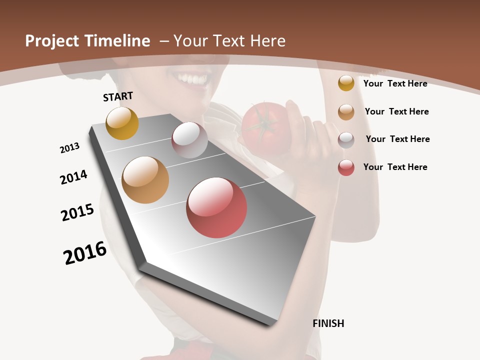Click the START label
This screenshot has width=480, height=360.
coord(118,96)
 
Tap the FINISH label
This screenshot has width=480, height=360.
coord(328,323)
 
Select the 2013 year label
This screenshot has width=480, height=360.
coord(69,148)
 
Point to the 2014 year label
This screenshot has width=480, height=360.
coord(73,177)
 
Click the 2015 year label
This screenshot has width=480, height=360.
coord(77,212)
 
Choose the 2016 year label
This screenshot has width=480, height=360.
coord(85,253)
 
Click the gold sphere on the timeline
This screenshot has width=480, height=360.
coord(122,123)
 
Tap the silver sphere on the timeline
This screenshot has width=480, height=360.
coord(189,139)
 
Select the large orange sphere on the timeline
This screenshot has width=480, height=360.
coord(145,180)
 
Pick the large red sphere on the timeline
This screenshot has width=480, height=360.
coord(216,207)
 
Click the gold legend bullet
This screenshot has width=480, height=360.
coord(346,83)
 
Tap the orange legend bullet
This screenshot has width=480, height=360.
coord(346,112)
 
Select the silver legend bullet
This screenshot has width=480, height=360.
coord(346,140)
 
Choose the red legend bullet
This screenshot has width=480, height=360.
coord(346,167)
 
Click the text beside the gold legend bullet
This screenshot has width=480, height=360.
coord(395,83)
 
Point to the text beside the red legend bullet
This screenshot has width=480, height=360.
coord(395,167)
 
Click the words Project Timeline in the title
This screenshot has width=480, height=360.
coord(87,41)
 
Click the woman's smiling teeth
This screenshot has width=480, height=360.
coord(190,79)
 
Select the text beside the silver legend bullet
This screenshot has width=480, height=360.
coord(397,139)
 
